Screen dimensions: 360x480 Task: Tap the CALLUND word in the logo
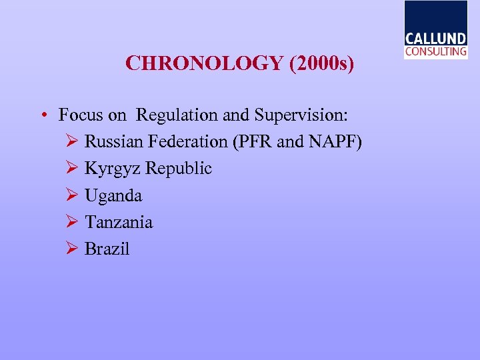(x=436, y=39)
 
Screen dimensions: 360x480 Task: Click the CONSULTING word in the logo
(x=436, y=51)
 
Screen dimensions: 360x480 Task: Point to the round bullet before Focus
(x=42, y=115)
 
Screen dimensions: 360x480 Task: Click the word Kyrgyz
(x=113, y=169)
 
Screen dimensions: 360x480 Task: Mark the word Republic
(x=178, y=169)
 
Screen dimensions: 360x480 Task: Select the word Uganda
(x=113, y=196)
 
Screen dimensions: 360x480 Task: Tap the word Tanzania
(x=119, y=222)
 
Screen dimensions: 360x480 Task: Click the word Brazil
(x=107, y=249)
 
